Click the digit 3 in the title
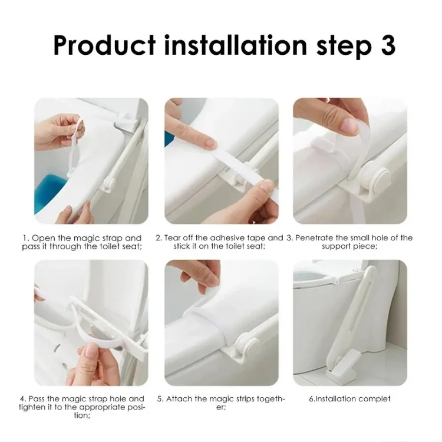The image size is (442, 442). [388, 45]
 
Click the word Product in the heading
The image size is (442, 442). [104, 45]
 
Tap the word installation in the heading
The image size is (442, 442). [235, 45]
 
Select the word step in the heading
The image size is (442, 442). [344, 47]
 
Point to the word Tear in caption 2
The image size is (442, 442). [172, 238]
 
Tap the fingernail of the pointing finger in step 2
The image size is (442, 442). [210, 143]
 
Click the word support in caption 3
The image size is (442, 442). [337, 246]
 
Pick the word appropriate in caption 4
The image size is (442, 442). [102, 407]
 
